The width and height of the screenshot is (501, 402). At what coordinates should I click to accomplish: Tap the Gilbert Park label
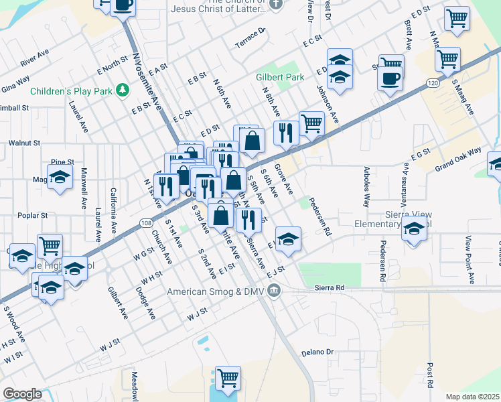280,78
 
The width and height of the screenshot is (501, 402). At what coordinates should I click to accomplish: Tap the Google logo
22,394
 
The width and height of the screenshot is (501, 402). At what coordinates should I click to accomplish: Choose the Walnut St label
24,143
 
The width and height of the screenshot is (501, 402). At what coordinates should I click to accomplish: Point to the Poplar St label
33,216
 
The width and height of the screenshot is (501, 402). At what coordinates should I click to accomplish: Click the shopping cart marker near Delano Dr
228,377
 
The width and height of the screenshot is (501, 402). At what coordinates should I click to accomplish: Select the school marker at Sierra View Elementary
414,230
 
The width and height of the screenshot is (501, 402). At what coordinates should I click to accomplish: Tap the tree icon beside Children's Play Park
122,90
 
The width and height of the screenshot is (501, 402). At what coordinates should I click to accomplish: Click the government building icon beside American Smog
274,290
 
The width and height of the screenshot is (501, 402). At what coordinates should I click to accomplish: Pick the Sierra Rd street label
330,287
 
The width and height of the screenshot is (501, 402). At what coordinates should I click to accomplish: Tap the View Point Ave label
468,255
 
